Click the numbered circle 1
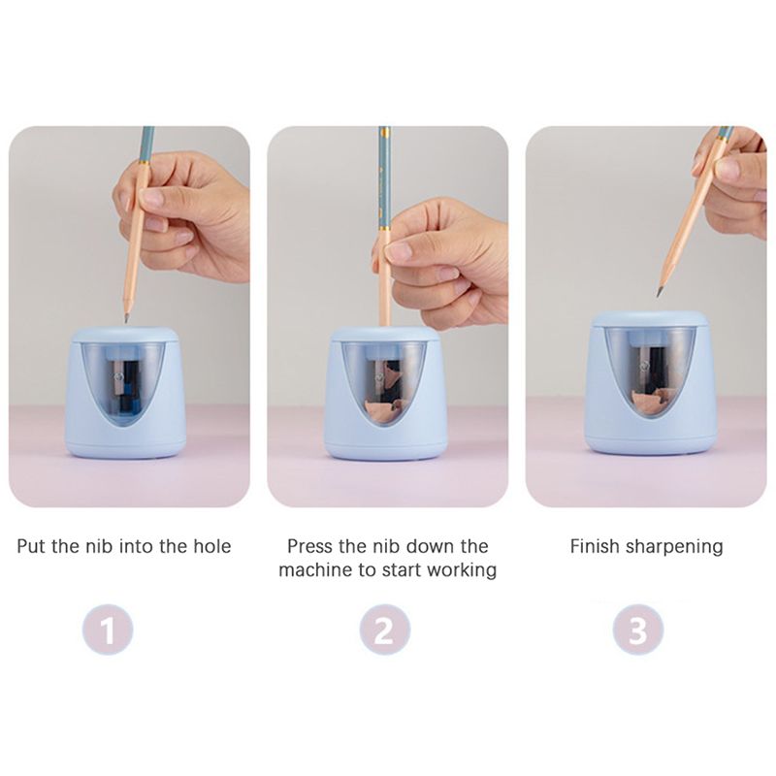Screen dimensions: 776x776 [x=108, y=630]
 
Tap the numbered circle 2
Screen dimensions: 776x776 [x=384, y=630]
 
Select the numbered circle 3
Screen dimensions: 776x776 [x=638, y=630]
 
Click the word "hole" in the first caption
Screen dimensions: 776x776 [x=211, y=546]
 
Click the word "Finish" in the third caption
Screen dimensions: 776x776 [x=595, y=546]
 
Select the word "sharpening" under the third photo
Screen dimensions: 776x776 [x=674, y=547]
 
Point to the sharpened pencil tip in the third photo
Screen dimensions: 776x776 [x=660, y=292]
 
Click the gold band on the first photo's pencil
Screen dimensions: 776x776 [x=144, y=162]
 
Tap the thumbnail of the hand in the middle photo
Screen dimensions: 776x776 [x=398, y=251]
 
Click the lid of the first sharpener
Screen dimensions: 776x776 [x=125, y=335]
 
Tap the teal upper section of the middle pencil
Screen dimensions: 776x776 [x=384, y=178]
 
